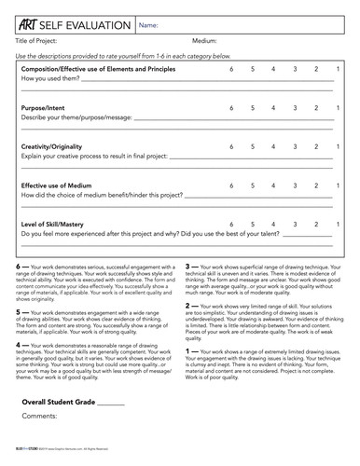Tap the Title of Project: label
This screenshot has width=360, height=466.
38,41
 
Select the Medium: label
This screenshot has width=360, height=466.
204,41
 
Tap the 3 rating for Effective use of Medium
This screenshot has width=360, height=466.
295,185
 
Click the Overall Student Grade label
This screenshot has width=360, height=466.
57,428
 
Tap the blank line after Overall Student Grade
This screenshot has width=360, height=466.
110,430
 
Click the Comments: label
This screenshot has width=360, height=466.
41,442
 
